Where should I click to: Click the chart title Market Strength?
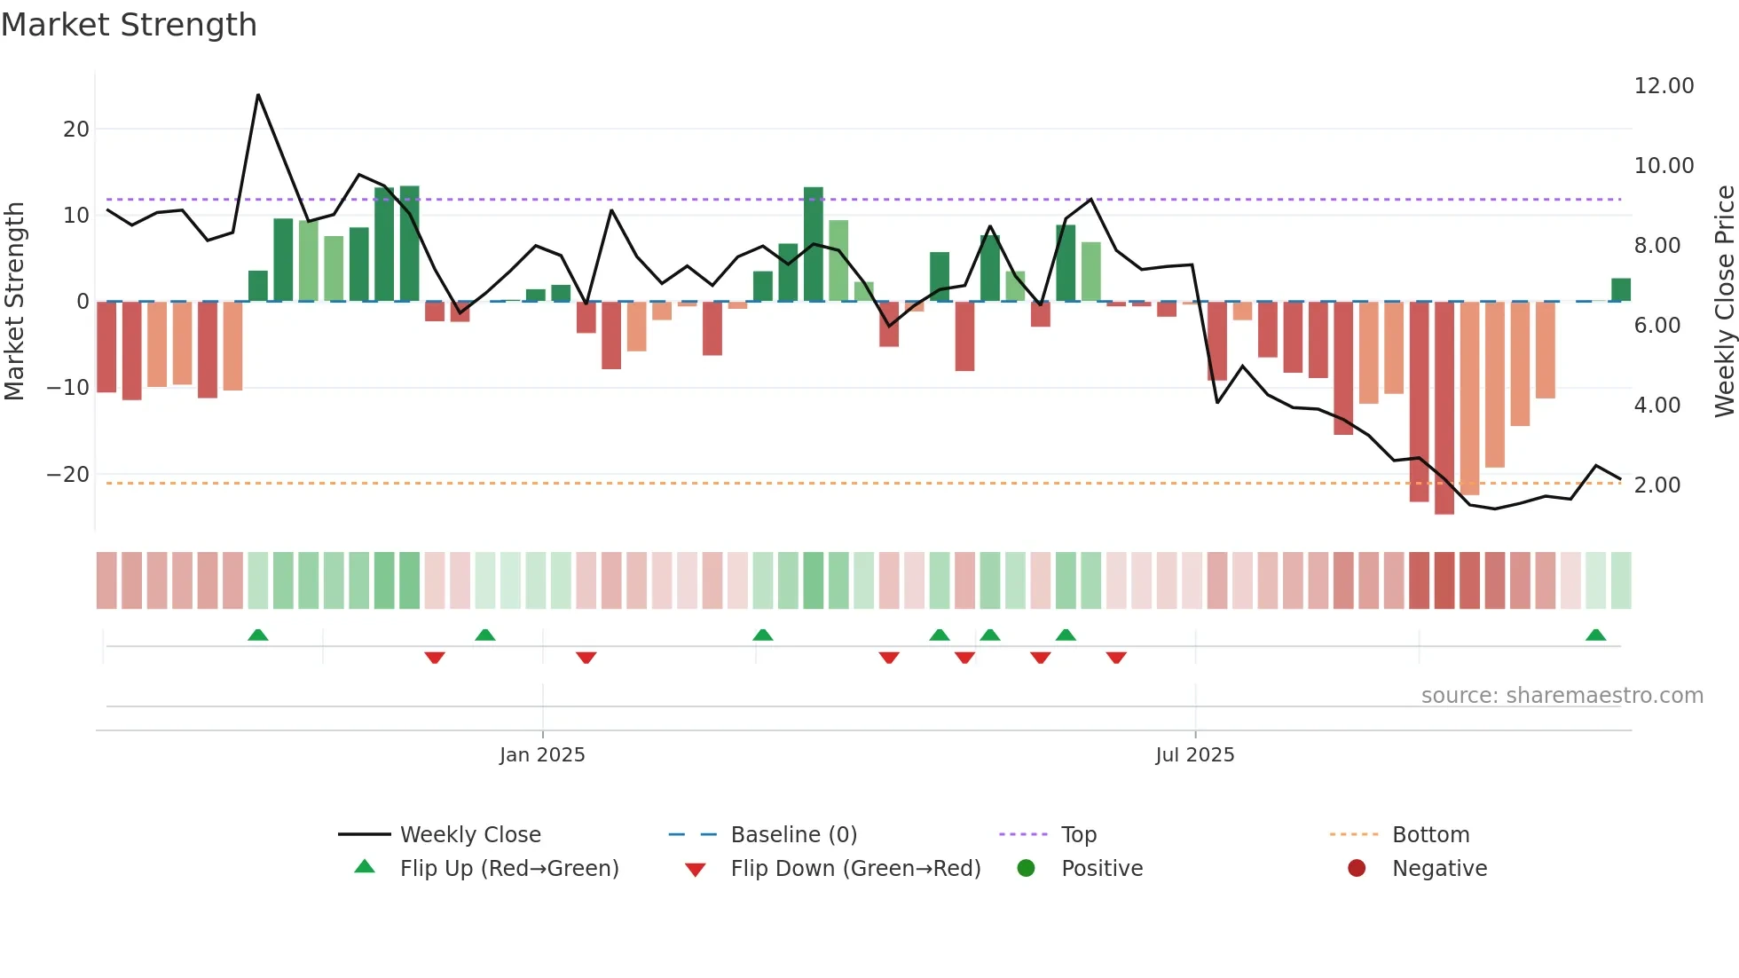(129, 25)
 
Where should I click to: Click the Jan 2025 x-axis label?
(542, 755)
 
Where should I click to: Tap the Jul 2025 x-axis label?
(1194, 755)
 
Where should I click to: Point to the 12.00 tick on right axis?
(1664, 86)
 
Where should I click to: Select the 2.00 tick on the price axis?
(1656, 485)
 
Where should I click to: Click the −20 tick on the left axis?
(68, 475)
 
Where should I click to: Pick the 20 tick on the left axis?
(76, 130)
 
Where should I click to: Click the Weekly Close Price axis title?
(1724, 302)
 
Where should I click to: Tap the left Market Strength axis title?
(15, 302)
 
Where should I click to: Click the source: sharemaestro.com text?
(1562, 696)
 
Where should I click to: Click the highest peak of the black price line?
(258, 95)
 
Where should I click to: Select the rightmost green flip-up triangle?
(1595, 635)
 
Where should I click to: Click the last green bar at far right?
(1620, 290)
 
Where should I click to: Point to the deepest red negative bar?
(1444, 408)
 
